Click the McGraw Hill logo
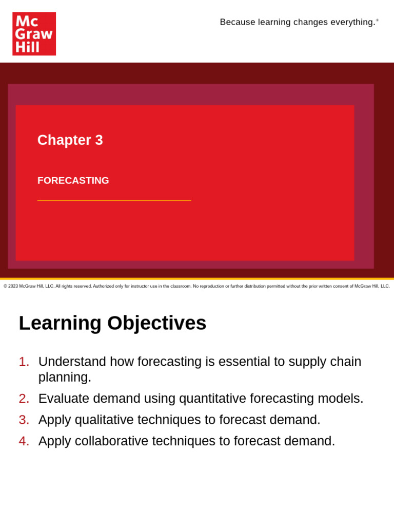34,33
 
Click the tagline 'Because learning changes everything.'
298,22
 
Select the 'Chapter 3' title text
70,140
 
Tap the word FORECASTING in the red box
73,181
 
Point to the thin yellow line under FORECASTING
114,200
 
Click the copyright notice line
196,286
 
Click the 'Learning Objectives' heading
112,323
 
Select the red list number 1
24,362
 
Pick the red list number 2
24,399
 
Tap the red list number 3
24,420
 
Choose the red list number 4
24,441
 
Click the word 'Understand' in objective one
72,362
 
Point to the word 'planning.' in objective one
65,378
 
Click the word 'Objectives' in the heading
157,323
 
